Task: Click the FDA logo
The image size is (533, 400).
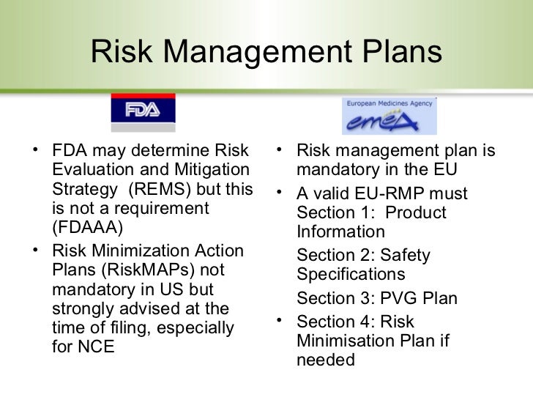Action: coord(143,110)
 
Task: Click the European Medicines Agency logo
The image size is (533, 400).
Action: coord(388,113)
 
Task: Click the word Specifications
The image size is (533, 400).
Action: coord(351,275)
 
